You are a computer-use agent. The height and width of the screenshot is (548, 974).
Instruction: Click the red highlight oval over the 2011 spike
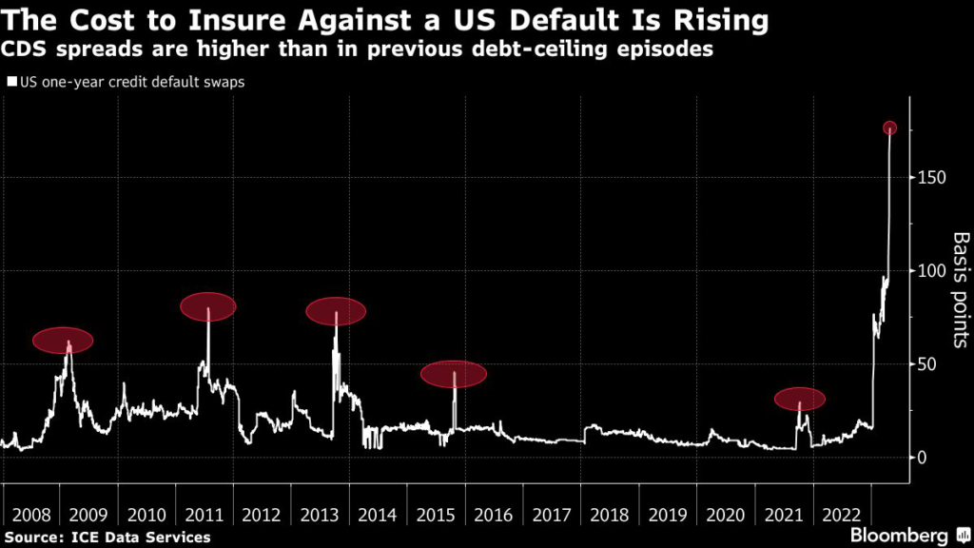point(208,306)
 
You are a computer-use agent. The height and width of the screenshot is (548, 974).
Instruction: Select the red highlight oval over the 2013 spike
point(336,311)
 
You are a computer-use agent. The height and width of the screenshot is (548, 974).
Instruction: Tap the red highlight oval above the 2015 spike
point(454,374)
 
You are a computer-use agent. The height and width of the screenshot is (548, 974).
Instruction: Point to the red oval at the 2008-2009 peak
point(64,341)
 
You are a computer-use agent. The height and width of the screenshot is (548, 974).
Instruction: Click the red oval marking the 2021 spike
point(799,400)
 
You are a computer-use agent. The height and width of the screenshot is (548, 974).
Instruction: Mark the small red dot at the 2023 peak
point(889,128)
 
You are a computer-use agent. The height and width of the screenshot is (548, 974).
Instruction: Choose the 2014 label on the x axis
point(377,516)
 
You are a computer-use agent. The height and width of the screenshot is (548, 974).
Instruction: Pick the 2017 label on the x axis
point(551,516)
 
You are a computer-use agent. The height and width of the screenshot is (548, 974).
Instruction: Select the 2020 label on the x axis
point(725,516)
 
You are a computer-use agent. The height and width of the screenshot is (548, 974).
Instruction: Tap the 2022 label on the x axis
point(841,516)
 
